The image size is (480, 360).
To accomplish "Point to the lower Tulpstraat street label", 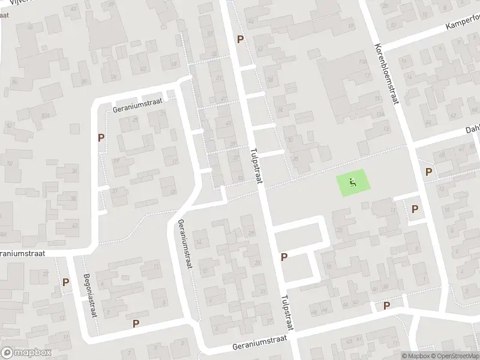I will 285,315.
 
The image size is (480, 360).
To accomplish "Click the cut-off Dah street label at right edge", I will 473,130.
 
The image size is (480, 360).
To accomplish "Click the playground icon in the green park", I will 353,182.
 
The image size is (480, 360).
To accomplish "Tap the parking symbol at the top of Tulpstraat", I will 241,40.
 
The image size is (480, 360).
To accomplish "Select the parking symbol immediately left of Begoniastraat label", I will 66,282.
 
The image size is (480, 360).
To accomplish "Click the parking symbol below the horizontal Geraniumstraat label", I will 101,137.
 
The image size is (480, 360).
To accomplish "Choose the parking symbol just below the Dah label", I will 428,172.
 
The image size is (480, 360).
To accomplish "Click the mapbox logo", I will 26,352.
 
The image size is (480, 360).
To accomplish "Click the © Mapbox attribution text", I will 415,356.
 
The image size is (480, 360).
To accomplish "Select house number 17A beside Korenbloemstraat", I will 362,61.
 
